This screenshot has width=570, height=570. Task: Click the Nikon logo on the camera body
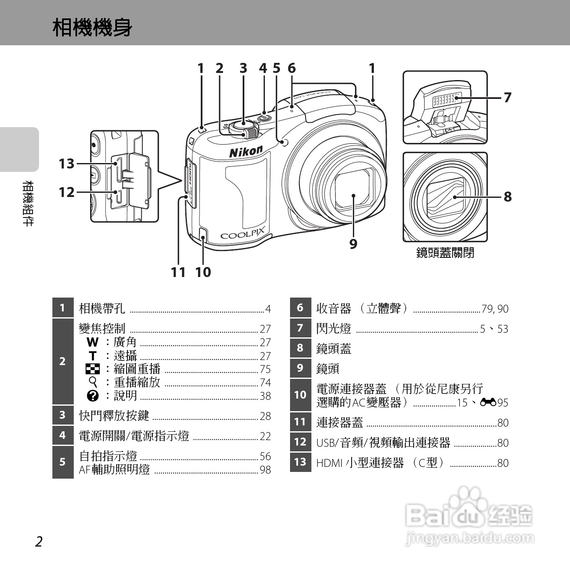(x=246, y=151)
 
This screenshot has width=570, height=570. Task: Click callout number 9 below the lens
(x=353, y=244)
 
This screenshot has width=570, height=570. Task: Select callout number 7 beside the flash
(x=508, y=97)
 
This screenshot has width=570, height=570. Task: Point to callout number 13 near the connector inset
(x=67, y=163)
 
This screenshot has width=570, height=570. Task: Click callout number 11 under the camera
(x=178, y=272)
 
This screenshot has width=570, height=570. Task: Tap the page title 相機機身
(x=92, y=28)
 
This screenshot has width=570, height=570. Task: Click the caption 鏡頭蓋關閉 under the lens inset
(x=445, y=253)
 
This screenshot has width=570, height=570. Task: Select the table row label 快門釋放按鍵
(x=114, y=415)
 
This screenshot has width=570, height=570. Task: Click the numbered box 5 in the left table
(x=62, y=462)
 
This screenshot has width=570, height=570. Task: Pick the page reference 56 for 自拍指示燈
(x=265, y=456)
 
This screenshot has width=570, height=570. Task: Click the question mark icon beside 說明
(x=93, y=396)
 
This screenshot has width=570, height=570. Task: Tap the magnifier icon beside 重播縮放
(x=93, y=382)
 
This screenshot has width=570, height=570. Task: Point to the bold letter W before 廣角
(x=93, y=342)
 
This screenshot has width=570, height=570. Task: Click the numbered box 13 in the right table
(x=300, y=462)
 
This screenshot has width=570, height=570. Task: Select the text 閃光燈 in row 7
(x=334, y=329)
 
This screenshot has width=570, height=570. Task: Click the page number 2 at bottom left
(x=39, y=541)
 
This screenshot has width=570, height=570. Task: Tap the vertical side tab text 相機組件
(x=28, y=203)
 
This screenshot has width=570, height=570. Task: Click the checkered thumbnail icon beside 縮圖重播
(x=93, y=369)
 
